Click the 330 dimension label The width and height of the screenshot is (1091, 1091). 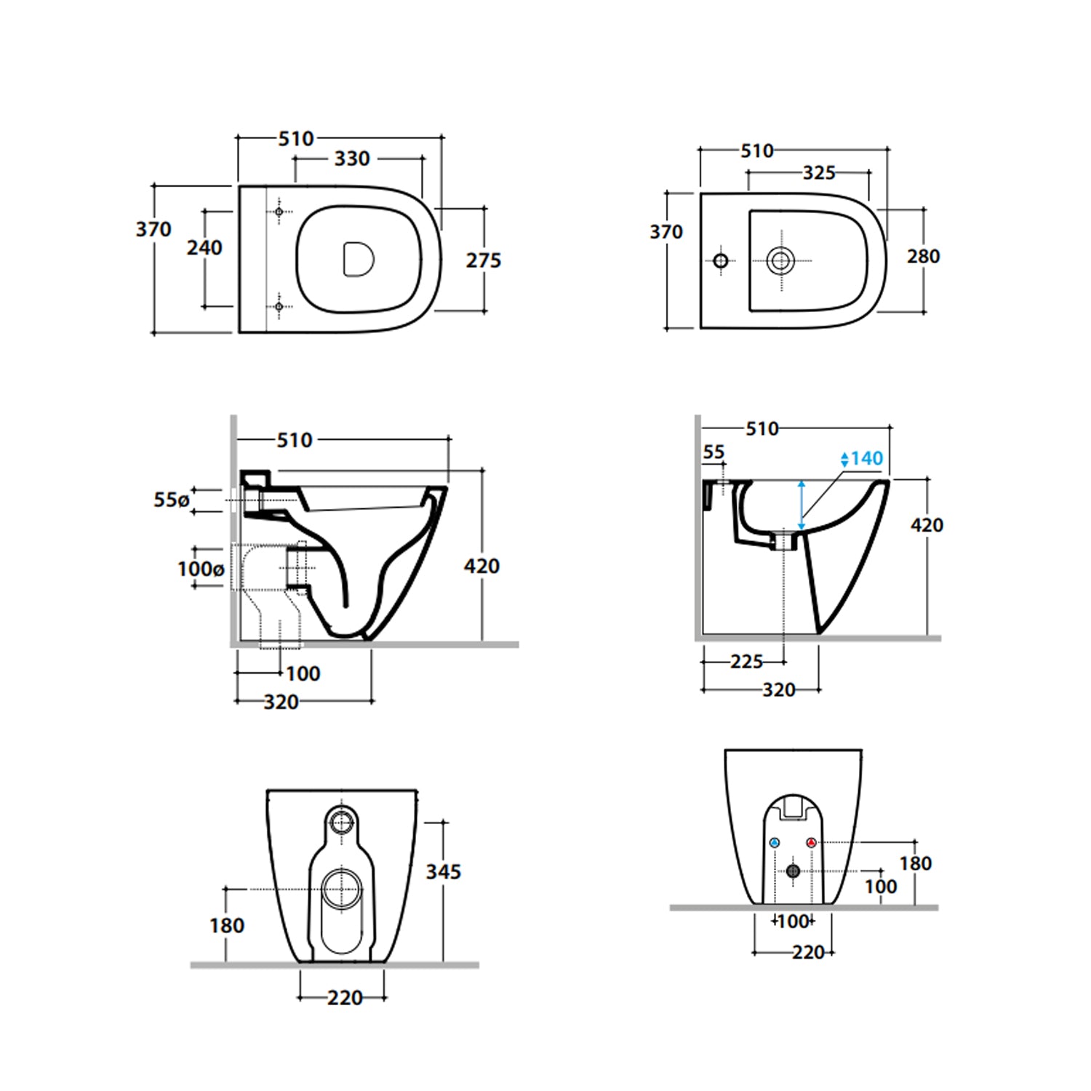pyautogui.click(x=352, y=159)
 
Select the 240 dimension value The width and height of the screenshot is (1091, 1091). pyautogui.click(x=204, y=248)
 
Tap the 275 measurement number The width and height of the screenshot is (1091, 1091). pyautogui.click(x=484, y=260)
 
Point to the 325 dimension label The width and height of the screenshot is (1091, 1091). pyautogui.click(x=819, y=173)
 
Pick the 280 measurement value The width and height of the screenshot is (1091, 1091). pyautogui.click(x=923, y=257)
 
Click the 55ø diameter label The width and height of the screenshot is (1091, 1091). pyautogui.click(x=172, y=500)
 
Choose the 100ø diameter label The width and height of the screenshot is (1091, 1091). pyautogui.click(x=201, y=569)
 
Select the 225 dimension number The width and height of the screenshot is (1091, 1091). pyautogui.click(x=747, y=662)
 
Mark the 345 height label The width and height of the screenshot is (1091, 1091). pyautogui.click(x=444, y=871)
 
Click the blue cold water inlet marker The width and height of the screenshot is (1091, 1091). pyautogui.click(x=774, y=843)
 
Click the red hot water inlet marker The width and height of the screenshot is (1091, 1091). pyautogui.click(x=812, y=843)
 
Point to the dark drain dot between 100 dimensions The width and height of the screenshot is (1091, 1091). pyautogui.click(x=794, y=871)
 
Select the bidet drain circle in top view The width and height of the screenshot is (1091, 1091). pyautogui.click(x=780, y=260)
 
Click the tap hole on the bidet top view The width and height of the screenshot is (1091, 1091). pyautogui.click(x=721, y=260)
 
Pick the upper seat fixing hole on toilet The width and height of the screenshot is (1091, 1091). pyautogui.click(x=279, y=212)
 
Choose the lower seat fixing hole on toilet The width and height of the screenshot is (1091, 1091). pyautogui.click(x=279, y=307)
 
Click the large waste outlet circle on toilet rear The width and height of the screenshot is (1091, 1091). pyautogui.click(x=341, y=889)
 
